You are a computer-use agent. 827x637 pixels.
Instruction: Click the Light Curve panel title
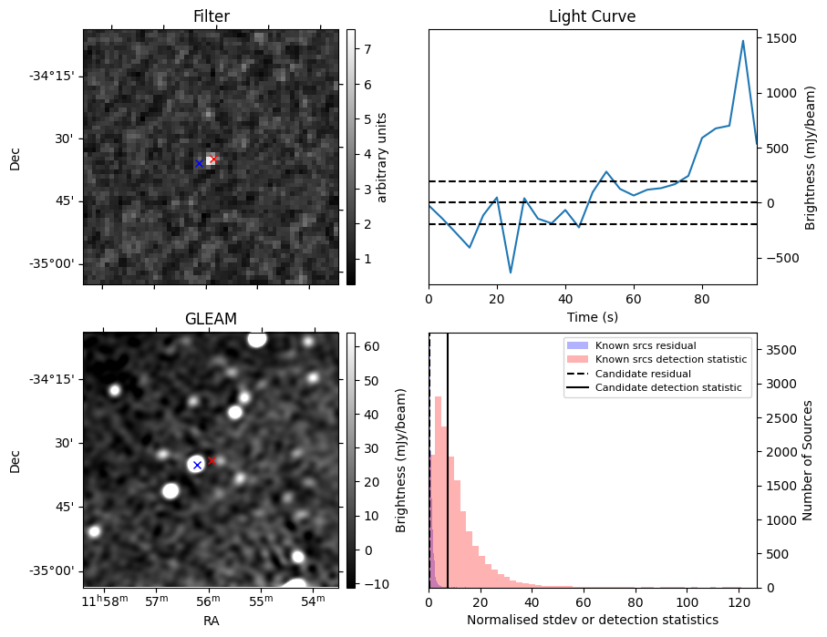pyautogui.click(x=592, y=17)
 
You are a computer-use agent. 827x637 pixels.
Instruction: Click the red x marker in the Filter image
pyautogui.click(x=212, y=159)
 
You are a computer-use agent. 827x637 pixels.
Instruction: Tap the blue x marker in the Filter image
pyautogui.click(x=199, y=163)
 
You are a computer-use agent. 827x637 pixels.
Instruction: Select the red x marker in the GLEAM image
pyautogui.click(x=212, y=460)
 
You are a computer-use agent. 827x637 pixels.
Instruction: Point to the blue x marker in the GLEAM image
pyautogui.click(x=196, y=465)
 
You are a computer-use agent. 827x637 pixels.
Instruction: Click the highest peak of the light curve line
pyautogui.click(x=743, y=41)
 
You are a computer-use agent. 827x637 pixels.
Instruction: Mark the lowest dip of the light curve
pyautogui.click(x=511, y=272)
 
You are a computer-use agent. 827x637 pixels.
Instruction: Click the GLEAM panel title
pyautogui.click(x=211, y=319)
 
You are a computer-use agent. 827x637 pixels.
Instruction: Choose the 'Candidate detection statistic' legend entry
pyautogui.click(x=670, y=388)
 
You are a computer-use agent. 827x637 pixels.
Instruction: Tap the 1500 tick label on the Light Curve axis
pyautogui.click(x=783, y=38)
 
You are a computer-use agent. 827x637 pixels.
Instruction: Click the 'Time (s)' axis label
pyautogui.click(x=592, y=317)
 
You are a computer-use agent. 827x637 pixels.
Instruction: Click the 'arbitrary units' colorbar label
pyautogui.click(x=382, y=157)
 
